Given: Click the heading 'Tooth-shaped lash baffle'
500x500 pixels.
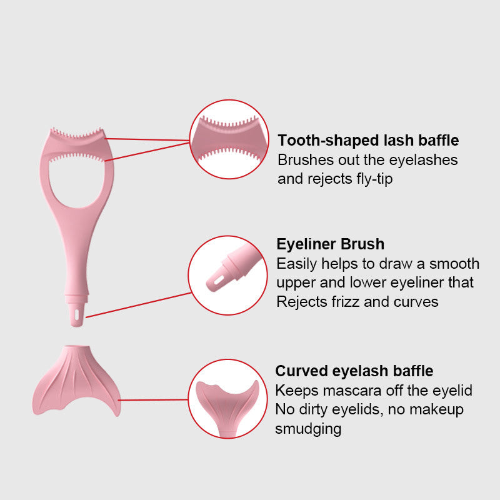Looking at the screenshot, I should point(368,141).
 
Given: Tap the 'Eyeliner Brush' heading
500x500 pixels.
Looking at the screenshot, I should point(330,244).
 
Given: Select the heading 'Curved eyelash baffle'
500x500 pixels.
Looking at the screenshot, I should point(354,371).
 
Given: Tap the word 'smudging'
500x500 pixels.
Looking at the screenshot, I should point(308,429).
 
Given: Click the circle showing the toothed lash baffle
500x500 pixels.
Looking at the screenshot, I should point(229,139).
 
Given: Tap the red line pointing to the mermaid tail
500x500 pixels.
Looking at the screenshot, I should point(153,399).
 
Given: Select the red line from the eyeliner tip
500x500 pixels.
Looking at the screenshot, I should point(137,304).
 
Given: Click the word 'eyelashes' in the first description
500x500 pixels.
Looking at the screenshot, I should point(426,160).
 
